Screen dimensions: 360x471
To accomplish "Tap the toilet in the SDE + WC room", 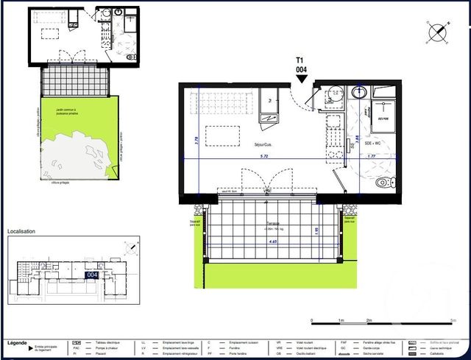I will [x=382, y=182].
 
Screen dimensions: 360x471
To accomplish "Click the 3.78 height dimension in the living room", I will [x=196, y=138].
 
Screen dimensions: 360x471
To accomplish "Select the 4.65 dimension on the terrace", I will [x=272, y=241].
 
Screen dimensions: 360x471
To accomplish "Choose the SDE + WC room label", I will [x=372, y=144].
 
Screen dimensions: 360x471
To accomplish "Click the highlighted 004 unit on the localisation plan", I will [x=92, y=275].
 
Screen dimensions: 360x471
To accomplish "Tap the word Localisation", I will [x=21, y=231].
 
